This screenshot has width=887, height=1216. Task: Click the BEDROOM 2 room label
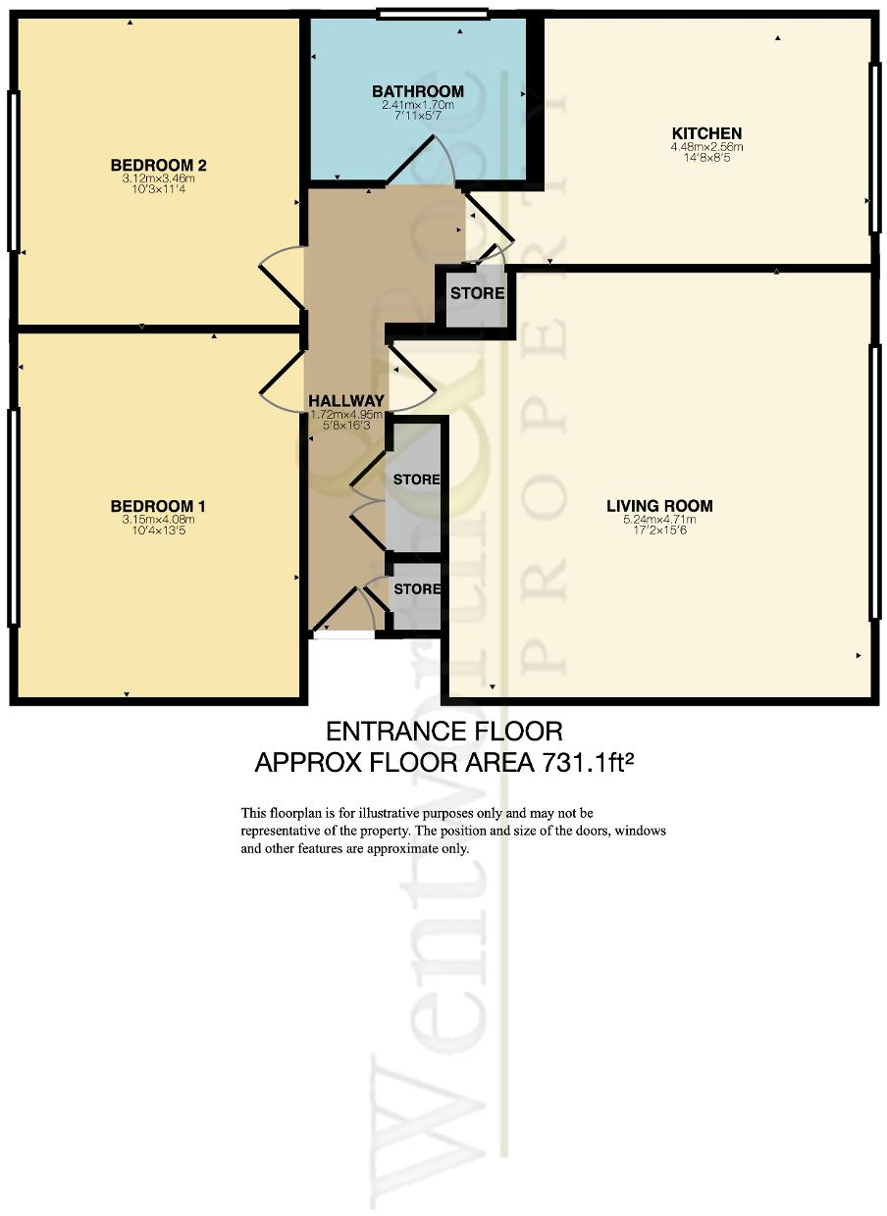158,165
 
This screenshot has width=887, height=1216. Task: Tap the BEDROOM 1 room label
158,506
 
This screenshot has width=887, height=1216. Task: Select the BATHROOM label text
417,91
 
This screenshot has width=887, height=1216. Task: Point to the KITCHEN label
705,133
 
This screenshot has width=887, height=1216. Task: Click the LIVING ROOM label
658,506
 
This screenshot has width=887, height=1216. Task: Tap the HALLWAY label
345,401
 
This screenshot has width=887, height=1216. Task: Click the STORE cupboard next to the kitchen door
477,293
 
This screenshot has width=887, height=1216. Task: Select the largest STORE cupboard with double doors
416,481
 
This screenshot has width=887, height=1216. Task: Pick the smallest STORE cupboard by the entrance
416,589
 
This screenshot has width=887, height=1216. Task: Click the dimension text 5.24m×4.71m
658,520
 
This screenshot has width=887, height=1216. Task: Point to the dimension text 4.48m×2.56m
705,147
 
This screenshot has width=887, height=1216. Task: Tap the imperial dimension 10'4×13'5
158,532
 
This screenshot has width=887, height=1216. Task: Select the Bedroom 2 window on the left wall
13,171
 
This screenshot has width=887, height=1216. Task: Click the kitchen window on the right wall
873,149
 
